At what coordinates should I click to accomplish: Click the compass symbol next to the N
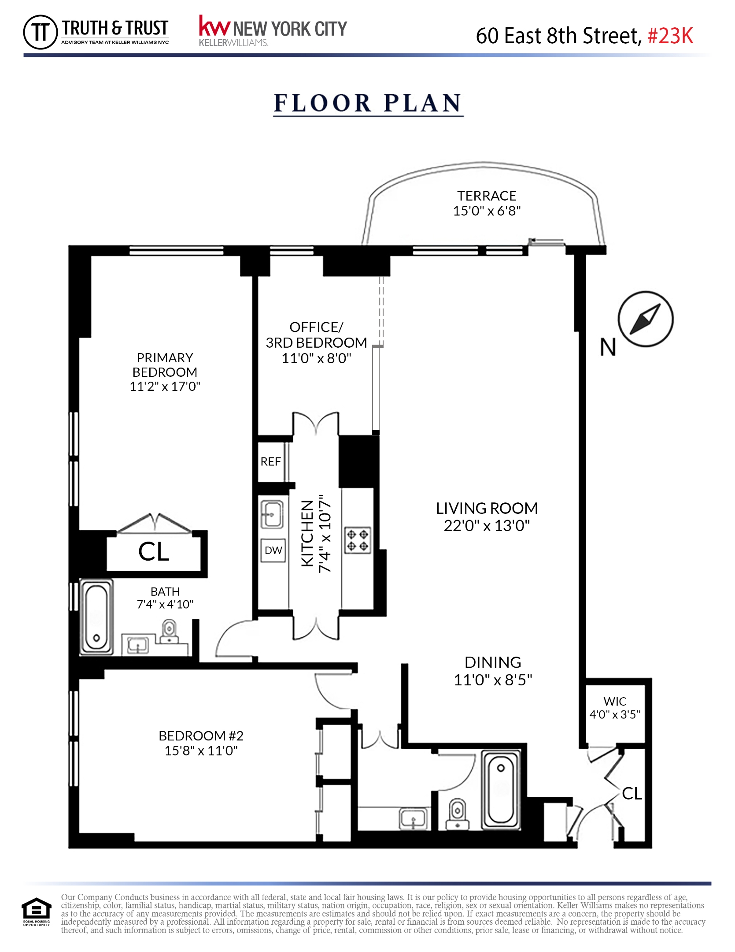(x=645, y=319)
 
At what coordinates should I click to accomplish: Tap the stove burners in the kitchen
(x=357, y=540)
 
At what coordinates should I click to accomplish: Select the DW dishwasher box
(x=273, y=550)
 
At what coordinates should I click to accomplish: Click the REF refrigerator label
(x=270, y=461)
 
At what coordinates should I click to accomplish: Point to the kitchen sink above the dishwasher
(x=272, y=514)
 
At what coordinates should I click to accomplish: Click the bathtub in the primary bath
(x=96, y=617)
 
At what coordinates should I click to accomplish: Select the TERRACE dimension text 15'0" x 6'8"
(x=487, y=211)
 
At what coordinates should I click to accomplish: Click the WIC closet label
(x=615, y=701)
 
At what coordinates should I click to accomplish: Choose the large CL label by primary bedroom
(x=154, y=552)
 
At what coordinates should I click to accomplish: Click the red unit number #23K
(x=670, y=36)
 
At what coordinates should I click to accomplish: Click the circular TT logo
(x=40, y=32)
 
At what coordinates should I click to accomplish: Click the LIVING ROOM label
(x=487, y=508)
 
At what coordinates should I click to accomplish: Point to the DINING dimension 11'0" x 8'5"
(x=493, y=680)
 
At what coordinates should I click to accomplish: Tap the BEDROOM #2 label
(x=201, y=736)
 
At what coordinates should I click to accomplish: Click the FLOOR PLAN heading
(x=368, y=103)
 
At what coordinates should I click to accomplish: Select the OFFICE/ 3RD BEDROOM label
(x=316, y=335)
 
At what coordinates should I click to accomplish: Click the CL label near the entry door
(x=632, y=794)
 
